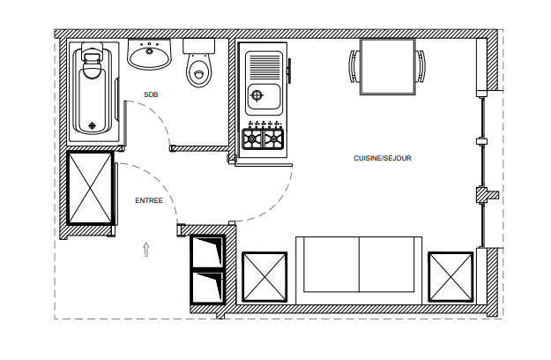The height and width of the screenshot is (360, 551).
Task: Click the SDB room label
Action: coord(151,94)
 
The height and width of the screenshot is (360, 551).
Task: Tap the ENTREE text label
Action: coord(149,200)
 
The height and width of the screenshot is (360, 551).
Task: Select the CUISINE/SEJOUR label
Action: coord(383,158)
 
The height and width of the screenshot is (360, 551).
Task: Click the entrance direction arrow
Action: coord(146,249)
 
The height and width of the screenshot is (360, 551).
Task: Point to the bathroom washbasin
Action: coord(149,54)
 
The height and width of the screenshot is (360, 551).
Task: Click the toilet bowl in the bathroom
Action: coord(199,71)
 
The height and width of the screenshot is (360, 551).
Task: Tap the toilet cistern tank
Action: coord(199,47)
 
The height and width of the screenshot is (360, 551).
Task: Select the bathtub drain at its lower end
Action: coord(92,125)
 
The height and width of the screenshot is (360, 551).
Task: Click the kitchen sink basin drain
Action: coord(257,95)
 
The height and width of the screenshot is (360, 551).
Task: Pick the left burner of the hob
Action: coord(252,139)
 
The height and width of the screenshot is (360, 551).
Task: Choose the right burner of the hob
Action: coord(273,139)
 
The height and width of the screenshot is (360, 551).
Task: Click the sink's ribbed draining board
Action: coord(264,66)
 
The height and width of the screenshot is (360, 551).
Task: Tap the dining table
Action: coord(388,67)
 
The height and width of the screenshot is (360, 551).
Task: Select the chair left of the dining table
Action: coord(354,66)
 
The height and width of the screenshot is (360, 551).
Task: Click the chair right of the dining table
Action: coord(421,66)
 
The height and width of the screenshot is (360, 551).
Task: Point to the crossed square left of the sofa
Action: coord(264,277)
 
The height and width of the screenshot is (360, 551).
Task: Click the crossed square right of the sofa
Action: coord(450,277)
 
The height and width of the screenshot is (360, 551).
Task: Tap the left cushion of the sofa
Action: coord(331,265)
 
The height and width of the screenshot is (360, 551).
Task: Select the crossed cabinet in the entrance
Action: coord(90,188)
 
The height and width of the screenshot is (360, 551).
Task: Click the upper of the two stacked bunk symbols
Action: coord(208,251)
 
